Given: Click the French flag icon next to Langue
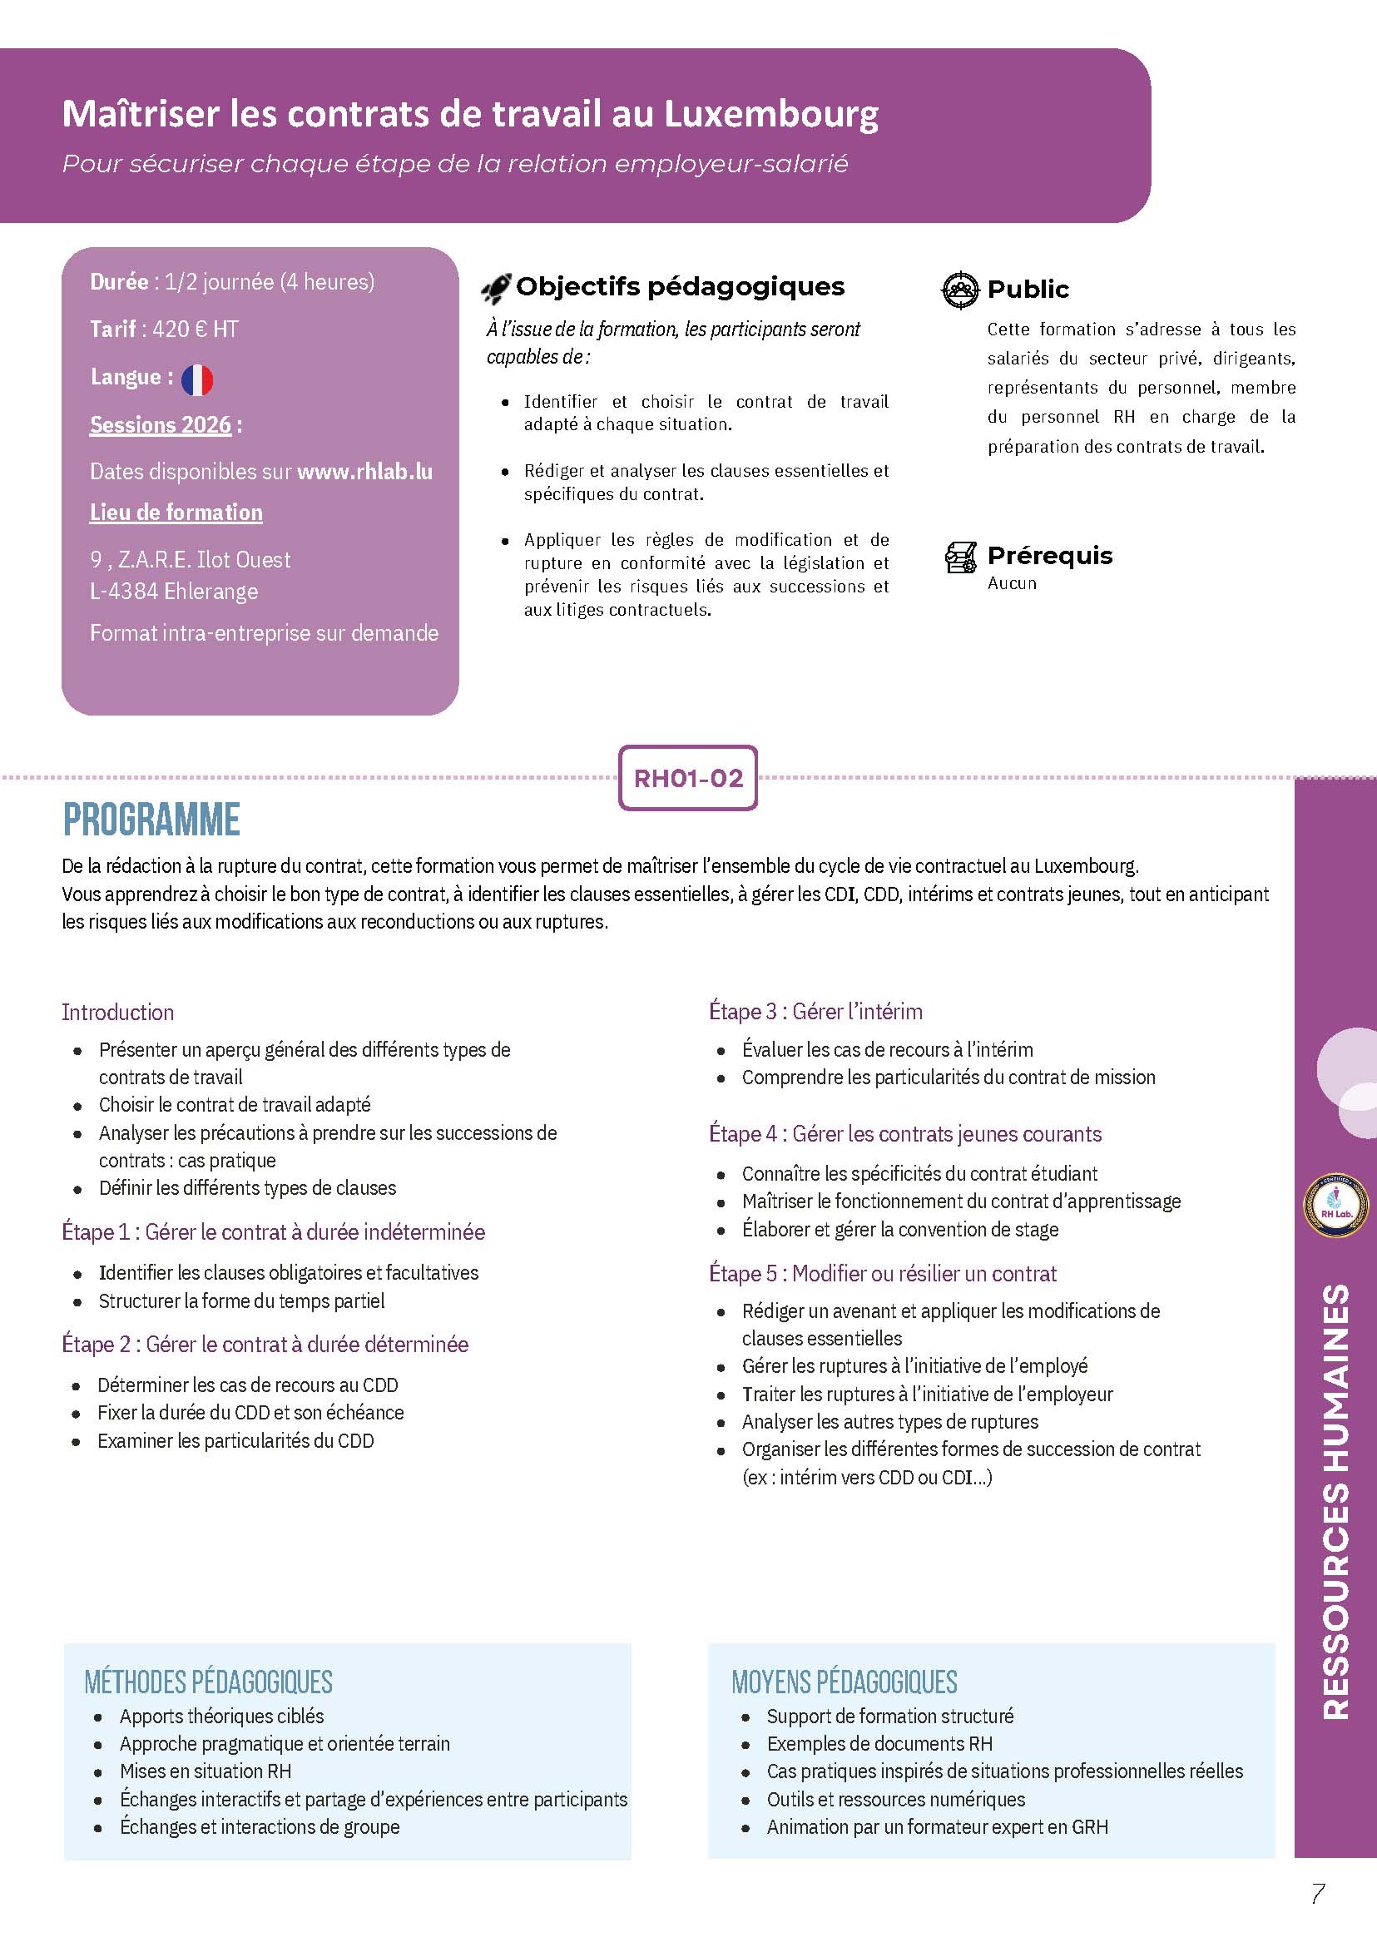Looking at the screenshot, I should (x=196, y=379).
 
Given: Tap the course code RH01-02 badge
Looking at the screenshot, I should (x=687, y=778).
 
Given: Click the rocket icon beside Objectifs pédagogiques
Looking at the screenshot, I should (x=496, y=289).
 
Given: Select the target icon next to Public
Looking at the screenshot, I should (x=960, y=290).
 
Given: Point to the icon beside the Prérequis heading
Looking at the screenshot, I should (x=961, y=557).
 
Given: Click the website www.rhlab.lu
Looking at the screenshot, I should (x=364, y=472).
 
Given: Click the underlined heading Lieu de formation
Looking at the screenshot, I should (x=176, y=513).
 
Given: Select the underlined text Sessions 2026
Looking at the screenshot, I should (x=161, y=425).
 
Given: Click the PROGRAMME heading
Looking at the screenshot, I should (x=151, y=820).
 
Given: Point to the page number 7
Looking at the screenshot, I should (x=1318, y=1894).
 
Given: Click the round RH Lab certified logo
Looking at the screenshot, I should (x=1335, y=1205).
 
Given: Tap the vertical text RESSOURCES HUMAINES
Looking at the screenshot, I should (x=1335, y=1502).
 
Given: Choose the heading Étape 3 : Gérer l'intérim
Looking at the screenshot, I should (x=815, y=1011).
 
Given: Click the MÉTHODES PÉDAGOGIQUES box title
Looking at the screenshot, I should (x=209, y=1682).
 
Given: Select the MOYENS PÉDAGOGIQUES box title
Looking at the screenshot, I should (x=844, y=1682).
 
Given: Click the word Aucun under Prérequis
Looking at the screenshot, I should (x=1012, y=583).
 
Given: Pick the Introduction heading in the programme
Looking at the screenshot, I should (x=118, y=1012).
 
